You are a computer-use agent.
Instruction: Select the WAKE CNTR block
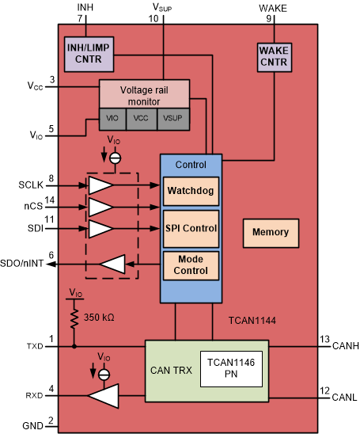point(274,56)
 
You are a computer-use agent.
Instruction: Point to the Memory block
point(271,233)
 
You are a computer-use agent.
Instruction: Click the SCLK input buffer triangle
point(100,186)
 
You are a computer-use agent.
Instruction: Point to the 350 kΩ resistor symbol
point(74,318)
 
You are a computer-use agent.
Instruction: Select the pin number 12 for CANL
point(324,390)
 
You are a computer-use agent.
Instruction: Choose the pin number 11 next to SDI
point(51,219)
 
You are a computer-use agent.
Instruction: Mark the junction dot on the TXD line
point(74,346)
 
